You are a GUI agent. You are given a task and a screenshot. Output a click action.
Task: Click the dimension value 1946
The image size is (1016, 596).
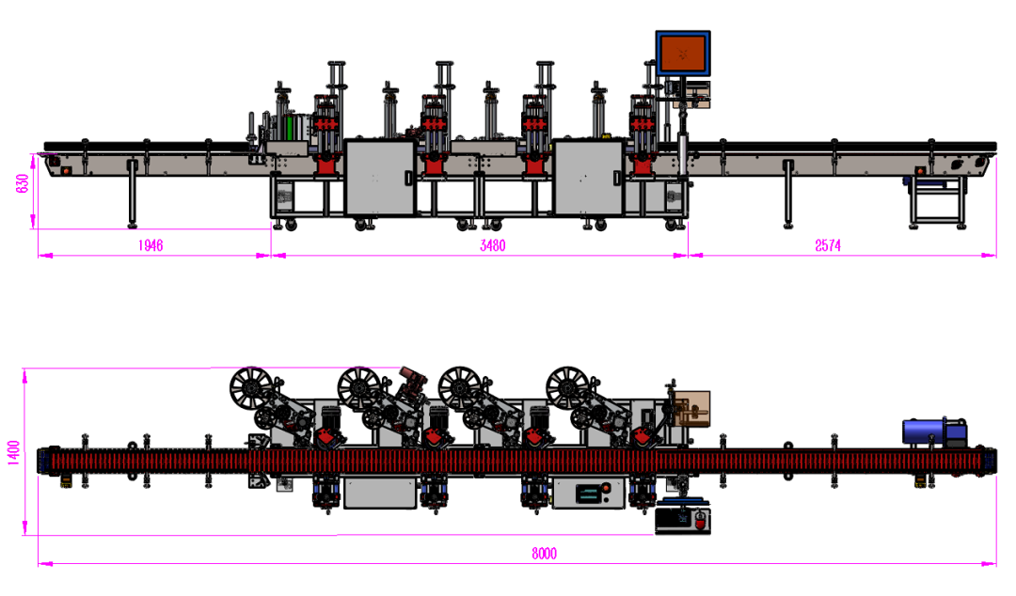[x=150, y=245]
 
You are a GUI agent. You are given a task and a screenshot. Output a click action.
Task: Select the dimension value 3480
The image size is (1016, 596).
[x=492, y=245]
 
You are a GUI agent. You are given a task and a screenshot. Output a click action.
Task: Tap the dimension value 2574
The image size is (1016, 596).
[x=828, y=245]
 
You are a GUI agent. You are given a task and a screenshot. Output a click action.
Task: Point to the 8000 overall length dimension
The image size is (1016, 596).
[x=544, y=554]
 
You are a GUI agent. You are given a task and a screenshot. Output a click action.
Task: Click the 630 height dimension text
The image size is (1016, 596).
[x=23, y=184]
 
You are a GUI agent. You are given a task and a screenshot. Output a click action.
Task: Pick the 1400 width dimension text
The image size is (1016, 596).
[x=13, y=452]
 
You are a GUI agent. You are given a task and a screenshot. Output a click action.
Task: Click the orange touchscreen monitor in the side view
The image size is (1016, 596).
[x=683, y=54]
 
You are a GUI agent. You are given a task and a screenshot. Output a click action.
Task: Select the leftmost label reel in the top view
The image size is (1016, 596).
[x=251, y=388]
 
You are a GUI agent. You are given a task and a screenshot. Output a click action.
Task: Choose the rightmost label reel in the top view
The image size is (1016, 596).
[x=567, y=388]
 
